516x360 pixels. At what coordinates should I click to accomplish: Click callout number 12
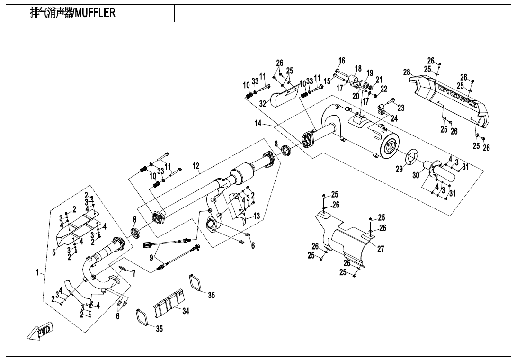[x=196, y=166]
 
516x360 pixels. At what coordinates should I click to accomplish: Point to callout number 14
[x=258, y=123]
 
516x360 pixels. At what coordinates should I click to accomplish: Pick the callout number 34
[x=186, y=311]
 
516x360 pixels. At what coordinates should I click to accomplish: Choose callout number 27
[x=381, y=249]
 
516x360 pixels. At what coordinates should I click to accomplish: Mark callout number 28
[x=406, y=72]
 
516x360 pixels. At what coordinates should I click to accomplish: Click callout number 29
[x=399, y=169]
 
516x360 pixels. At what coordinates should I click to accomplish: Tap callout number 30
[x=416, y=175]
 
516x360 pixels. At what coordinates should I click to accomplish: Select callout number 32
[x=263, y=103]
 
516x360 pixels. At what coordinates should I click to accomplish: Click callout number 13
[x=257, y=216]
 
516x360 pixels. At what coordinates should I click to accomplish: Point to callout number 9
[x=151, y=258]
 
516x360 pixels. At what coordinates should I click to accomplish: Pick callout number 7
[x=134, y=273]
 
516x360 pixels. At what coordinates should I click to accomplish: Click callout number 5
[x=54, y=252]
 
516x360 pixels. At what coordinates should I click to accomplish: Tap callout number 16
[x=342, y=61]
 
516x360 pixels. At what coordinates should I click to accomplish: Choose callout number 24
[x=394, y=118]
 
